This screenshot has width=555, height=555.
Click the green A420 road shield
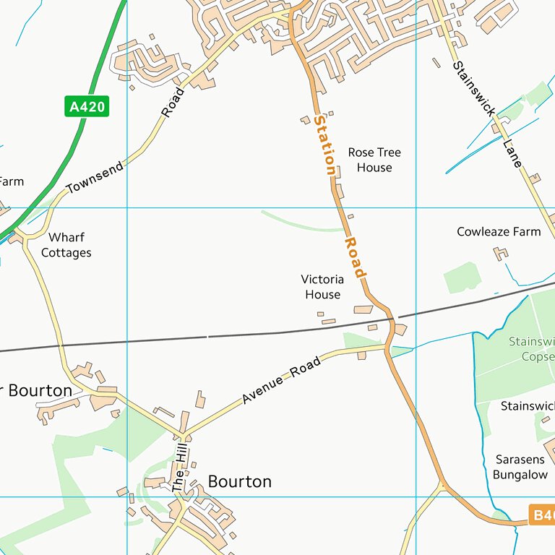87,107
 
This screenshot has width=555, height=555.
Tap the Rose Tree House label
374,160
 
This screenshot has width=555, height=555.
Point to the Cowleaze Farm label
499,232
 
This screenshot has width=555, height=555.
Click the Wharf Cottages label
66,245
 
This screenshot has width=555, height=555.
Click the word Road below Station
356,257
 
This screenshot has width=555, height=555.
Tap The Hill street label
179,469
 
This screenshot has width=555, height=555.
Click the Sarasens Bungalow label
520,467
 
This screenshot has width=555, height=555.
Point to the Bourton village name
240,481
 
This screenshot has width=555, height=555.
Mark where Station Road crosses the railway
392,317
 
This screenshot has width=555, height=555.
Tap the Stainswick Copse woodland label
531,348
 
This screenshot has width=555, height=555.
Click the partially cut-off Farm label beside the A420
11,181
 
